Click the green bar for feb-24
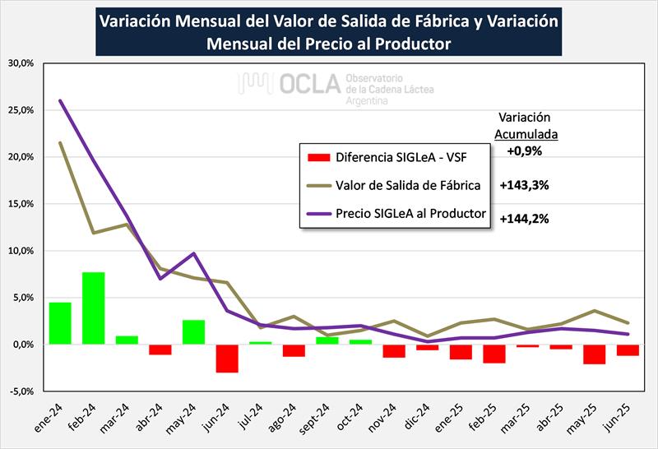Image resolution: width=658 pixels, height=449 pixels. (x=93, y=308)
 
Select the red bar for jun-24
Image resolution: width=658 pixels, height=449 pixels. (x=227, y=359)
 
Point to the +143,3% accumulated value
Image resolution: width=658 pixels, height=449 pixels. (x=524, y=185)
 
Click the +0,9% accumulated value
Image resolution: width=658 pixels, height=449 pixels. (x=524, y=150)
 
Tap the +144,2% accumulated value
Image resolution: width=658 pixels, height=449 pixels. (x=524, y=220)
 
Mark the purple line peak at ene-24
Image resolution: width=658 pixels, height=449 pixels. (x=60, y=101)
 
